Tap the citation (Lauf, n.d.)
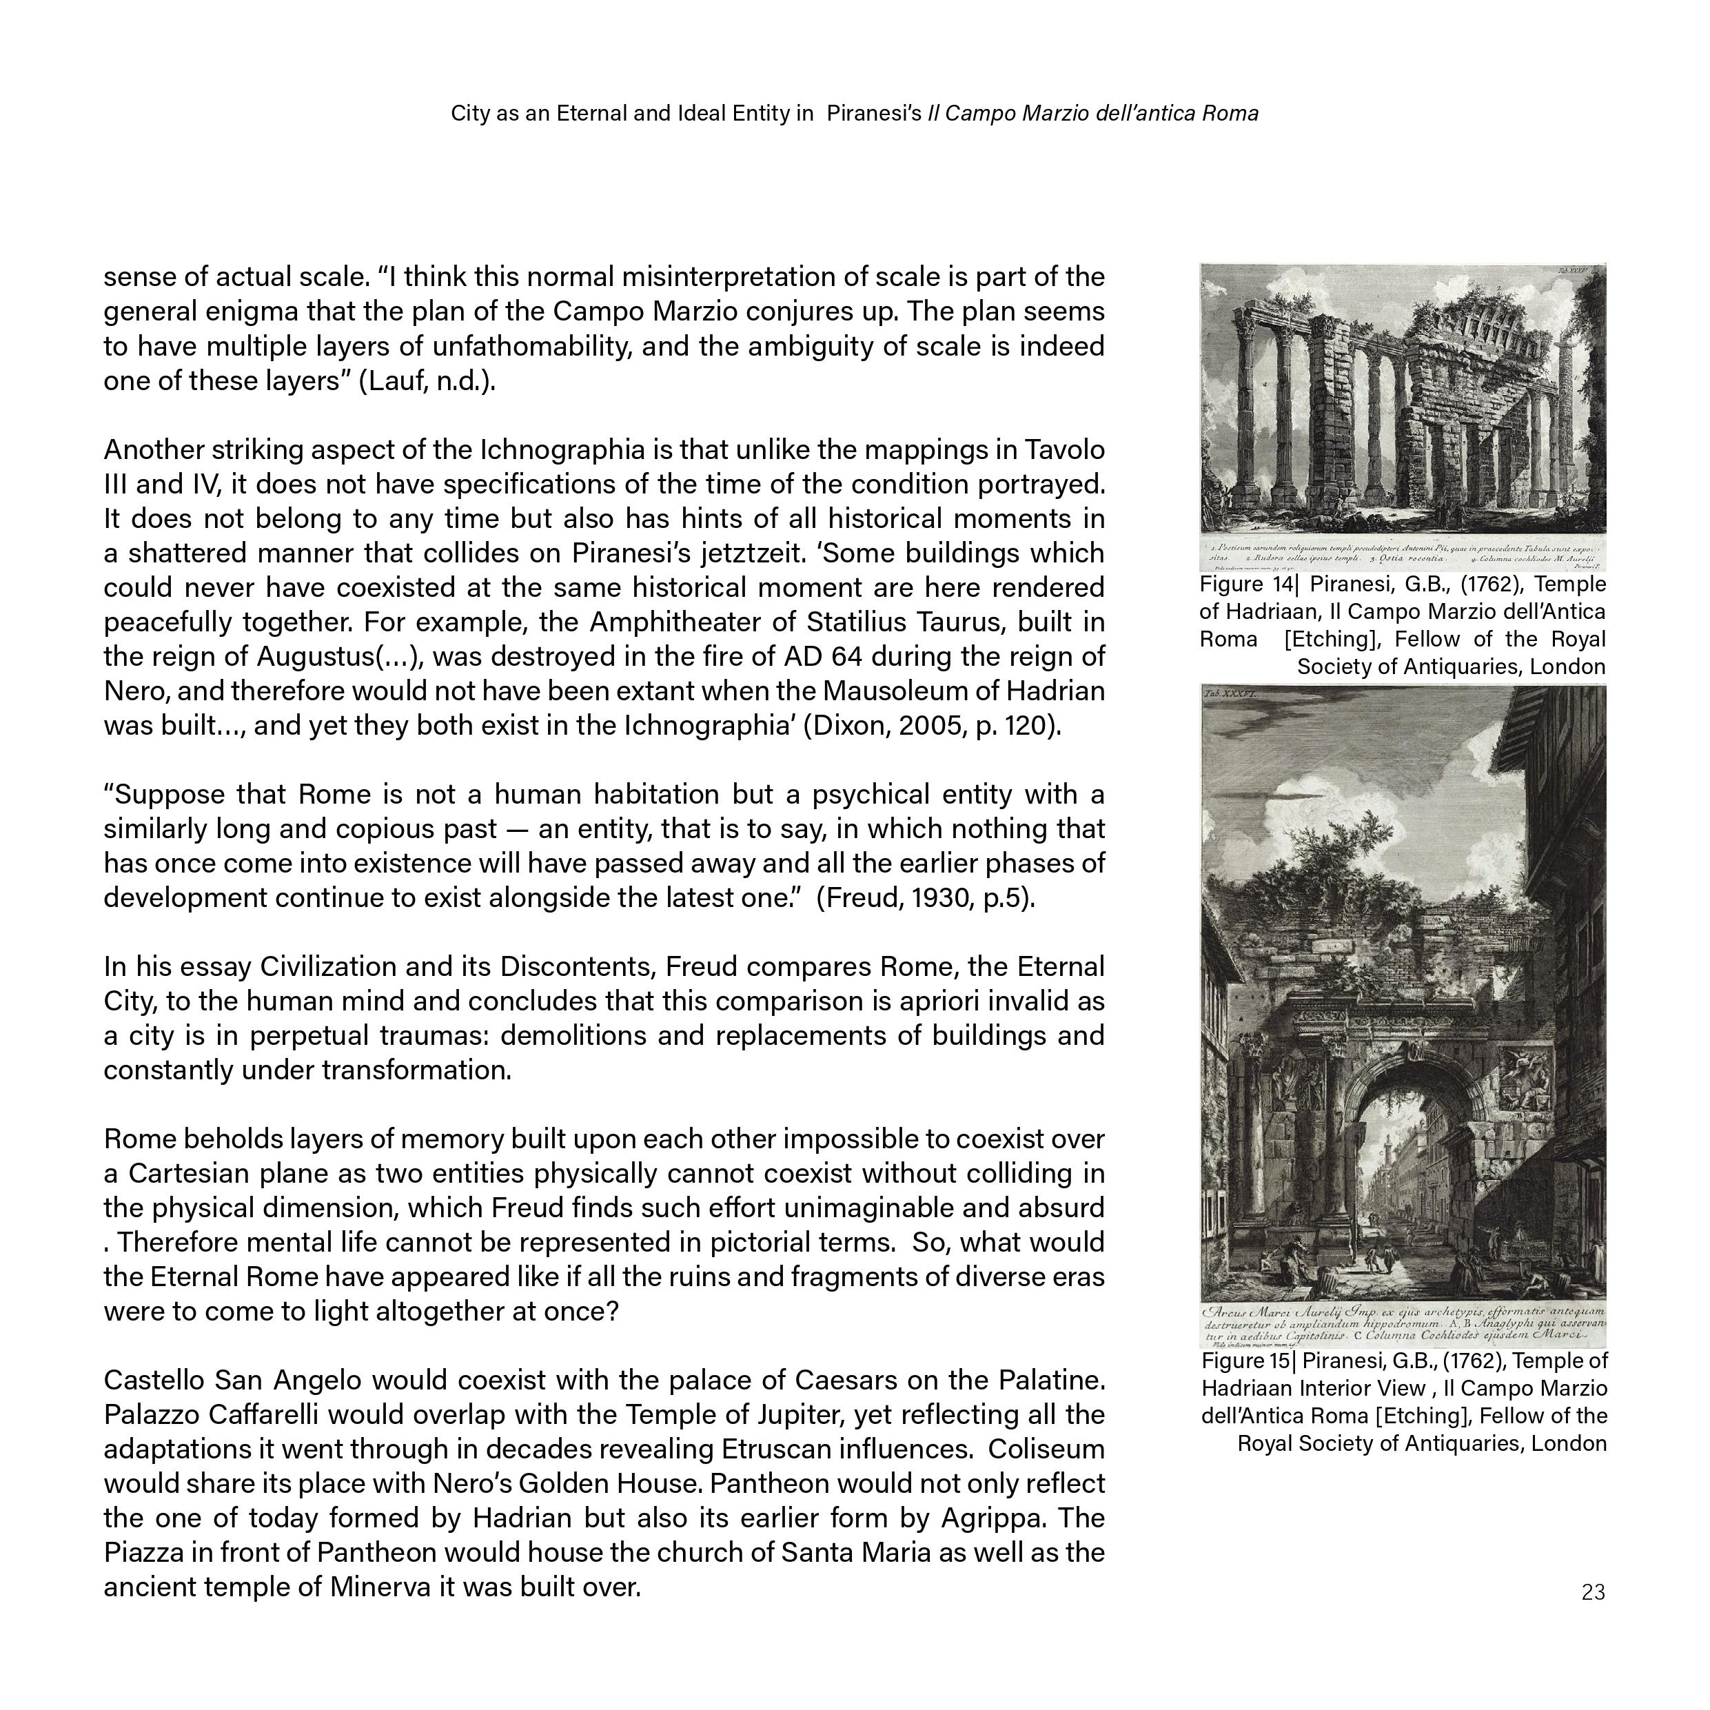point(427,380)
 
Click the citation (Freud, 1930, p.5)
point(925,898)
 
